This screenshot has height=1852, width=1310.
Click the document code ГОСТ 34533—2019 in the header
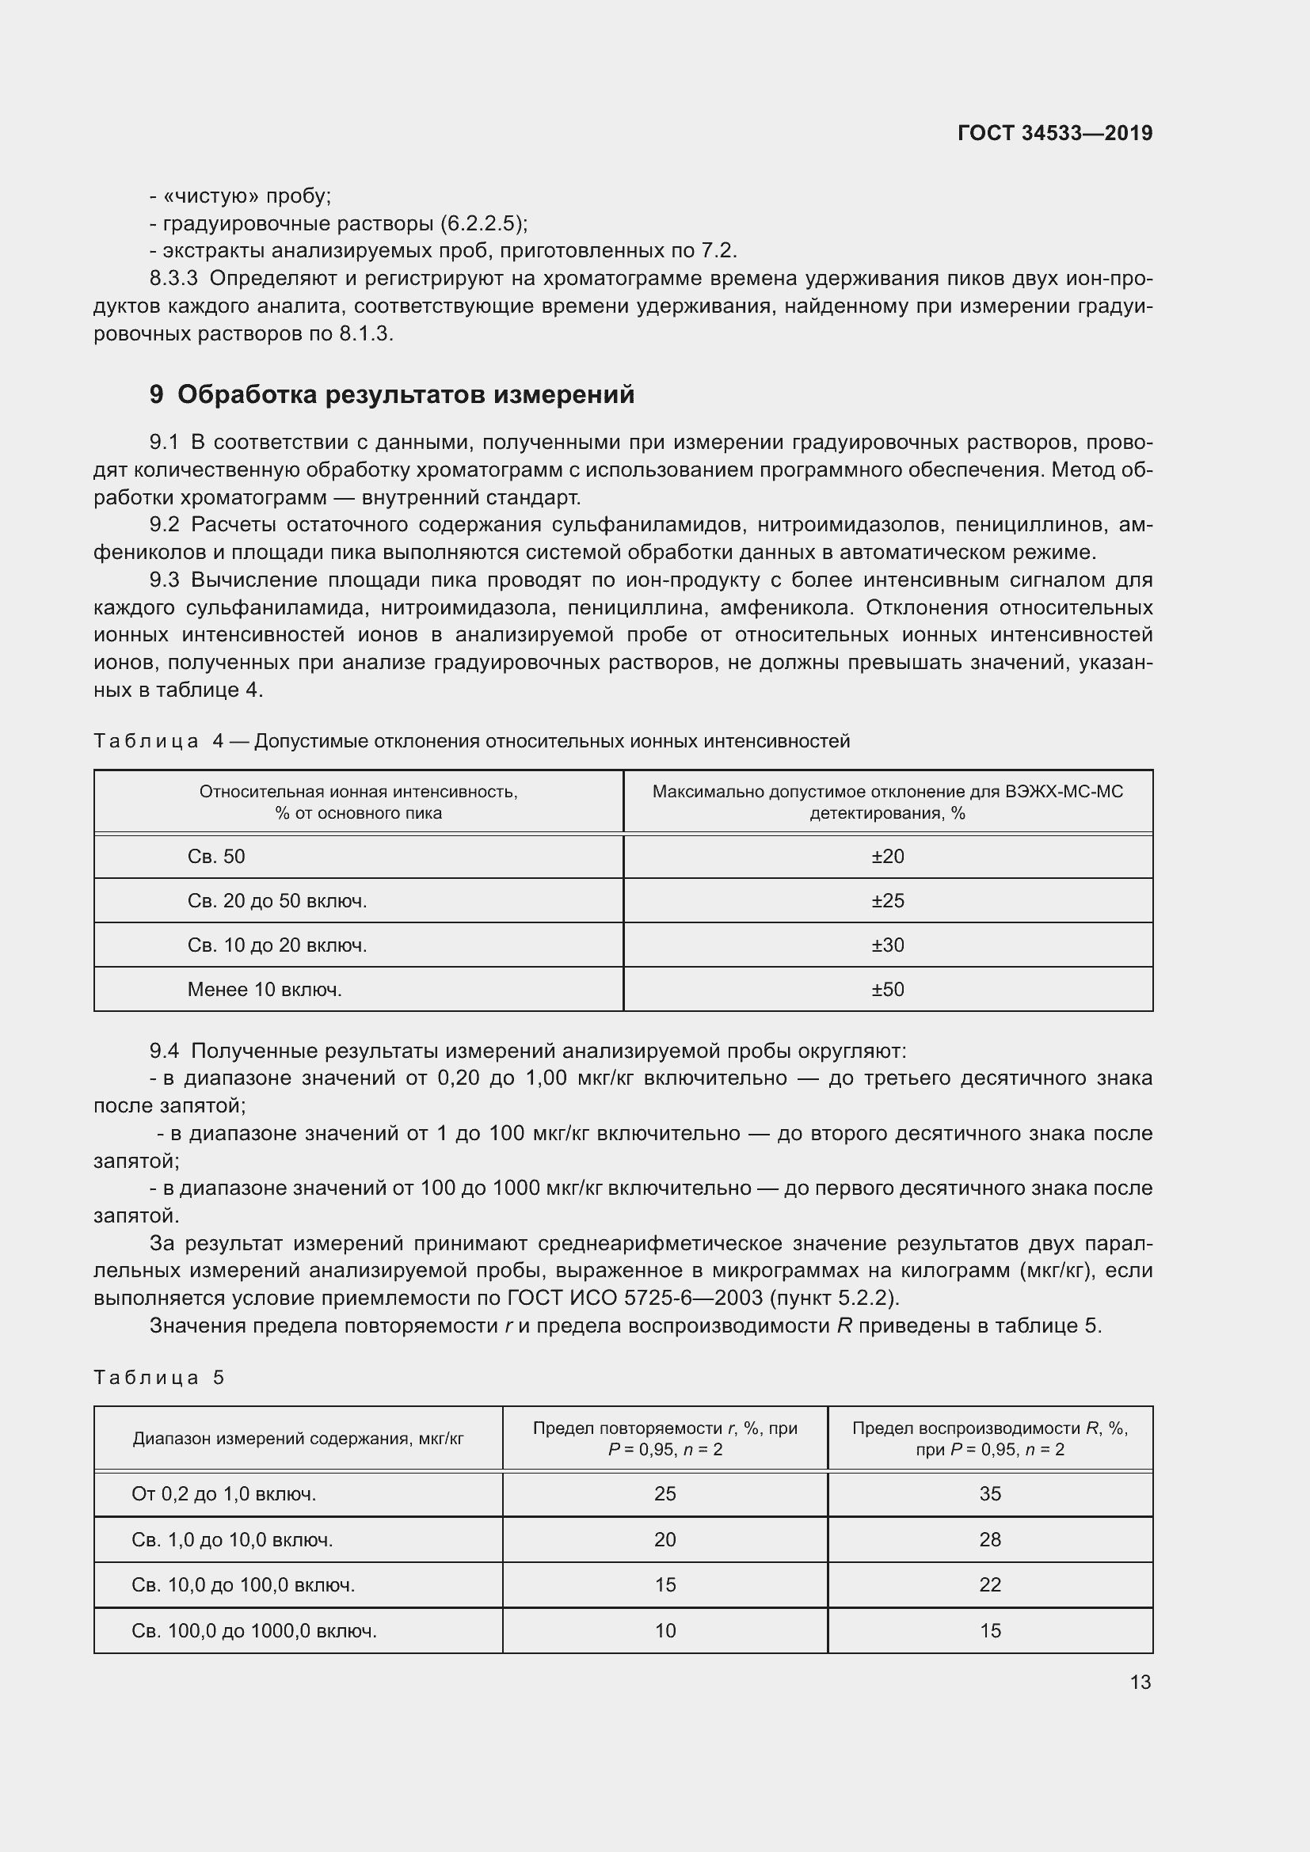1054,133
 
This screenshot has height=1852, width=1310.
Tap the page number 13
1140,1682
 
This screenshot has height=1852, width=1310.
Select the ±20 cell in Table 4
887,857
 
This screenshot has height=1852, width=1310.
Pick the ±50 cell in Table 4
887,990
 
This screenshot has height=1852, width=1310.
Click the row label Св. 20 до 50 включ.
276,901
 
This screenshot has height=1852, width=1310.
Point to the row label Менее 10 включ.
265,990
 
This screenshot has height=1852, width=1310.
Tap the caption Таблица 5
158,1377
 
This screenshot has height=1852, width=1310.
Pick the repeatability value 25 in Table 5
665,1494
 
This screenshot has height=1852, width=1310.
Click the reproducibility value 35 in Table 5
990,1494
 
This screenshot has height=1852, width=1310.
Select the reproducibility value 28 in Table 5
990,1540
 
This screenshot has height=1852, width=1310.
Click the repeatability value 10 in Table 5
665,1630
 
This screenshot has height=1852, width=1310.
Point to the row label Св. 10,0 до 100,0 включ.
243,1585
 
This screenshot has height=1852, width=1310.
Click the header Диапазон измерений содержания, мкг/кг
298,1438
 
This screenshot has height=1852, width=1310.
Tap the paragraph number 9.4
164,1051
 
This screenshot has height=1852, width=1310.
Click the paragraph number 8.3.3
173,278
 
